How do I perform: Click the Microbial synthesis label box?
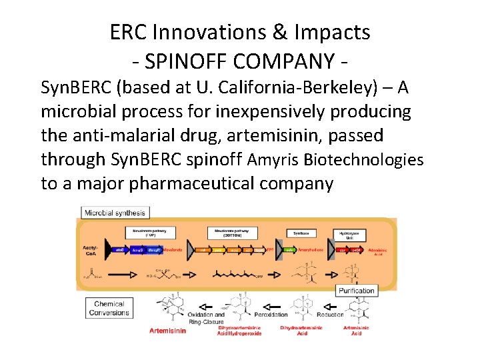115,213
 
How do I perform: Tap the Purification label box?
357,291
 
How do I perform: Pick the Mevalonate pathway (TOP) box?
148,232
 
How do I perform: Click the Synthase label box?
301,233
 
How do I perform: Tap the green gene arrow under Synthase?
290,249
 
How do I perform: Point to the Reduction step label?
330,315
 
